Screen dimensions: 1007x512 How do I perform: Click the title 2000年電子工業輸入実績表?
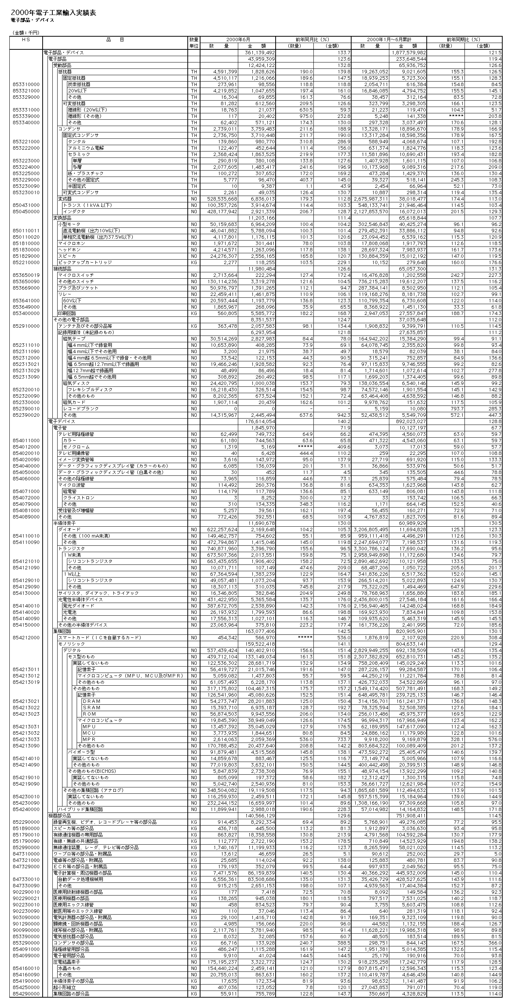click(x=53, y=13)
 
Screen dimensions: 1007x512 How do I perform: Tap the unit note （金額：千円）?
click(x=27, y=33)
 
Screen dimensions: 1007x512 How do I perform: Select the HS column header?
click(x=26, y=40)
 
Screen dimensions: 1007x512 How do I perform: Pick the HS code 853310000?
click(x=26, y=85)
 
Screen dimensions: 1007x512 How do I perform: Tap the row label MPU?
click(x=89, y=727)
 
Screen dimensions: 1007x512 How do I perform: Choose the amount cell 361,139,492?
click(x=260, y=52)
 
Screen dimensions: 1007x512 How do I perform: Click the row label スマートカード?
click(x=99, y=637)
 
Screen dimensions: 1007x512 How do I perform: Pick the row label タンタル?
click(x=77, y=141)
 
